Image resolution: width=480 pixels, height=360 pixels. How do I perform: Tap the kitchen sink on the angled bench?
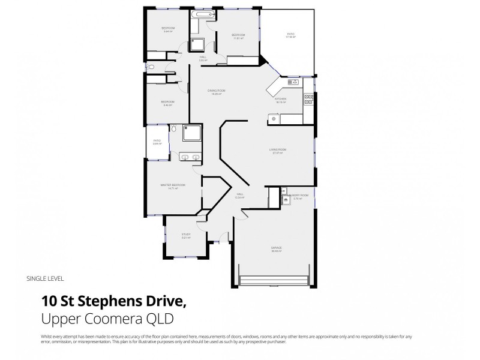(293, 82)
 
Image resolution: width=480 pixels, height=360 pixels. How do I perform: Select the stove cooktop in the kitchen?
(308, 100)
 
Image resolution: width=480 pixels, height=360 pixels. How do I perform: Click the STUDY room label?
(186, 235)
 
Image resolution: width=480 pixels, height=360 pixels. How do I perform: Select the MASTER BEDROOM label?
(173, 186)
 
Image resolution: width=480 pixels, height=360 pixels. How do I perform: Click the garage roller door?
(274, 281)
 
